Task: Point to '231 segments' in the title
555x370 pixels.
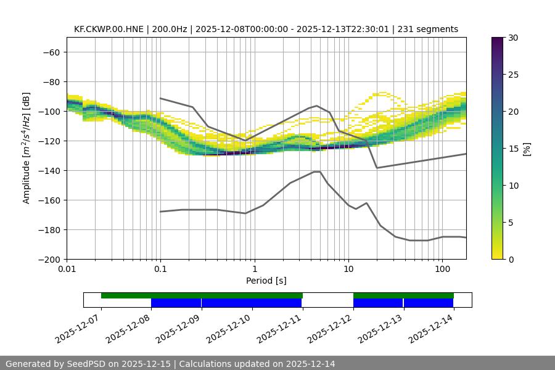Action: (427, 29)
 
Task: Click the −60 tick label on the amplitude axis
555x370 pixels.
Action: (51, 52)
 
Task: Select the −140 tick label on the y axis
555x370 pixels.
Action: (48, 171)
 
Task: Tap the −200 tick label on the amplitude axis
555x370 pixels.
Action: (48, 260)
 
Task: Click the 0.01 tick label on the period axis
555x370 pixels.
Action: (67, 269)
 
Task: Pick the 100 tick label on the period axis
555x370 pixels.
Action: (442, 269)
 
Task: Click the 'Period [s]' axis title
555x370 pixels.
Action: (266, 281)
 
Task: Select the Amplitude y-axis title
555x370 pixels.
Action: (27, 148)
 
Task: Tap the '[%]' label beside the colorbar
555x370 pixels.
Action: (527, 149)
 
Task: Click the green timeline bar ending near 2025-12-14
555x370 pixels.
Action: (403, 295)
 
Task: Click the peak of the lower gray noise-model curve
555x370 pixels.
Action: (317, 171)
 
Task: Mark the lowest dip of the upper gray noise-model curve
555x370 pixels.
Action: (377, 168)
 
